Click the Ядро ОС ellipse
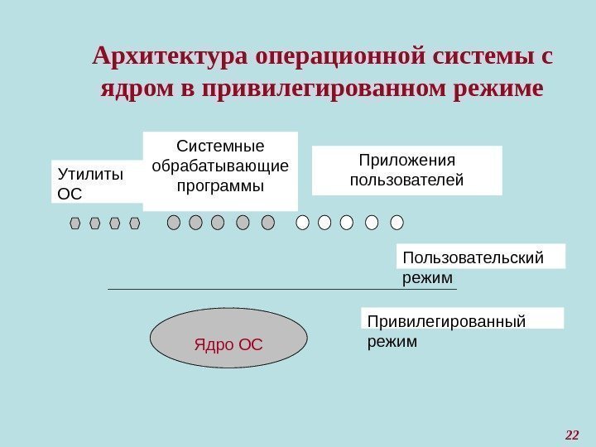228,338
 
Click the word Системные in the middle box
219,147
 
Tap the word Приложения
406,160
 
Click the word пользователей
406,179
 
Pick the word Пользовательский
473,257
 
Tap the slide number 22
571,434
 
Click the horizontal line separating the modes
281,290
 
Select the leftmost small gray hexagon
75,223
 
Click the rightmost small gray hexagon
135,223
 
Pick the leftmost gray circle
174,222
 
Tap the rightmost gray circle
267,222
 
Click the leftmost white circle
302,222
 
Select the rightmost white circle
397,222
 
